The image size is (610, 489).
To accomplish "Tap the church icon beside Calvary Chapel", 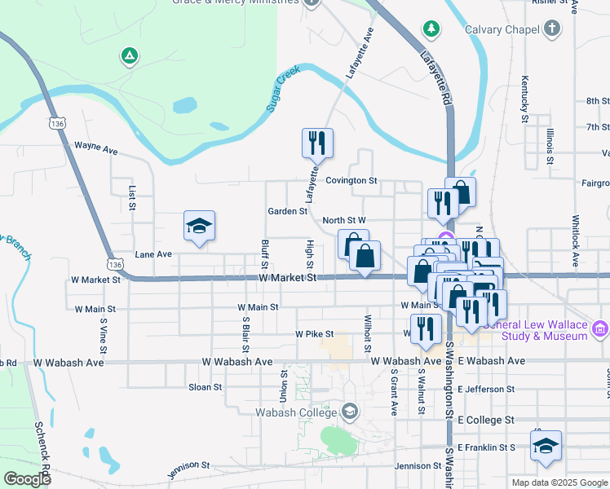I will click(553, 30).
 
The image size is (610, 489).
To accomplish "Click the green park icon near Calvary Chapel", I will click(431, 29).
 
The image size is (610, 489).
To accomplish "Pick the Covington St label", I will click(351, 181).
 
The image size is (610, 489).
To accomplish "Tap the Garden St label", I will click(287, 211).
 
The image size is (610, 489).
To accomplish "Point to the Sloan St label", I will click(205, 387).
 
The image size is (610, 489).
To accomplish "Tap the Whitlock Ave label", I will click(576, 241).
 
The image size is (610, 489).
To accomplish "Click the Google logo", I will click(27, 479).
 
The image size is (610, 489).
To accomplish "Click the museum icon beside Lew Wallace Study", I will click(600, 328).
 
